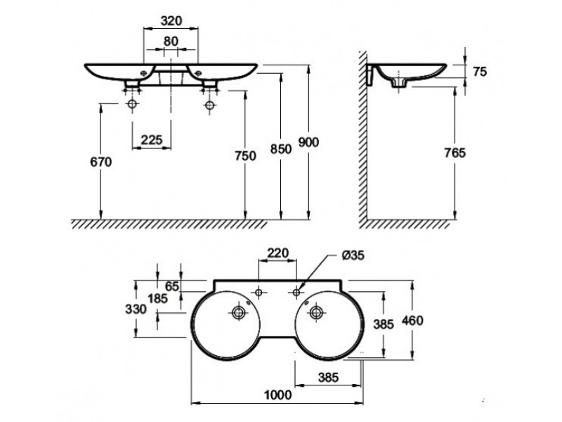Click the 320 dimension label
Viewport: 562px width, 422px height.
point(171,21)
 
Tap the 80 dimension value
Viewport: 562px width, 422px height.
point(171,41)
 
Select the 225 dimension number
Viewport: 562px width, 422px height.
point(151,139)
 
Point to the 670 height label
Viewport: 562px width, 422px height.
point(100,162)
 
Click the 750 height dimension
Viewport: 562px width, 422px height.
point(245,155)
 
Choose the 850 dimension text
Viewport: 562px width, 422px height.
point(280,148)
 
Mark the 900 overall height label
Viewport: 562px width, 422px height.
point(308,142)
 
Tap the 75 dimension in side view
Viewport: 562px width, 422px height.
point(480,72)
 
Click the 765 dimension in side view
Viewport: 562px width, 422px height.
point(455,153)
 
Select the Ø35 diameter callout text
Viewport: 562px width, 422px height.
point(353,255)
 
